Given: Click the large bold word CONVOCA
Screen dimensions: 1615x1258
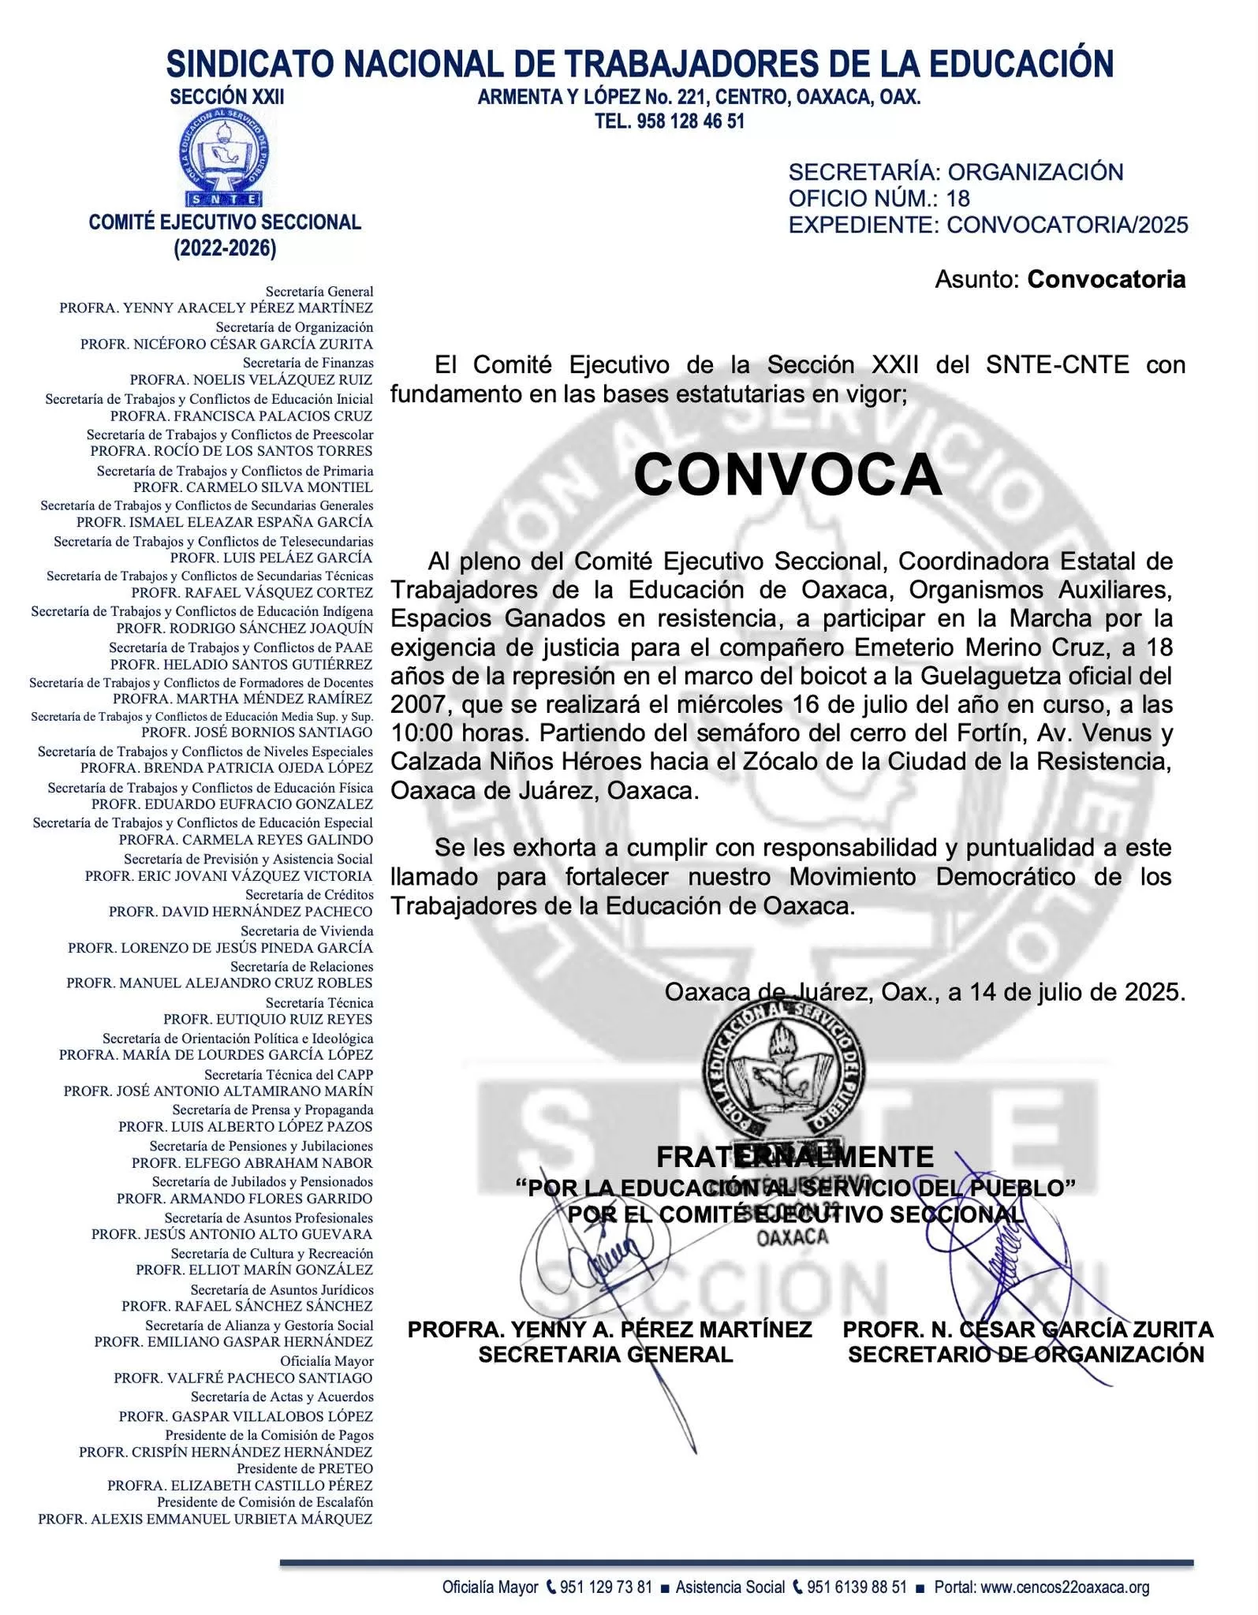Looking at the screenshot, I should (787, 476).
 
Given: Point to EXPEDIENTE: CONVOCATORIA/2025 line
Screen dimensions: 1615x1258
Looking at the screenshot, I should (987, 226).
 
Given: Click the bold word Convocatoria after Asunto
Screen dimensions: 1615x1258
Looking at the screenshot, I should (1106, 279).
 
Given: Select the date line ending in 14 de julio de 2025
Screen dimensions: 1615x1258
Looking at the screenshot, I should (924, 992).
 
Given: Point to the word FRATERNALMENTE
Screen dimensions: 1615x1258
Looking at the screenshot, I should (794, 1157).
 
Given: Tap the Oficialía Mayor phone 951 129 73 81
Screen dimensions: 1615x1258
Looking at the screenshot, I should (606, 1587).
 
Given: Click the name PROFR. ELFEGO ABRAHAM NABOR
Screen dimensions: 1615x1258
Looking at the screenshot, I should (252, 1163).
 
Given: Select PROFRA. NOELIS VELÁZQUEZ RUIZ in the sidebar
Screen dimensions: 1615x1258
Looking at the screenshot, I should (251, 380).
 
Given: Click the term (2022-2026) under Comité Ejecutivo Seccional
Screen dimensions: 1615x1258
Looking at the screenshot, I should (225, 249).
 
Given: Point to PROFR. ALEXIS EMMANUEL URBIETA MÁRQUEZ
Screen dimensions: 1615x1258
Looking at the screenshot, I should (205, 1519).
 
